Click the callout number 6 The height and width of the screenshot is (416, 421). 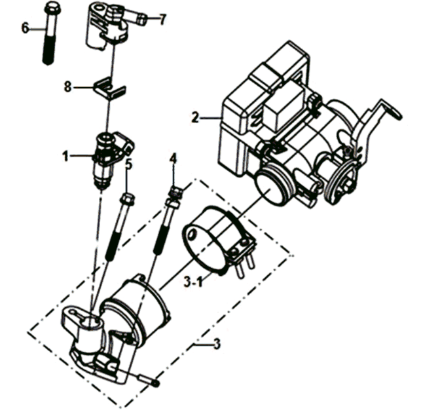(x=25, y=28)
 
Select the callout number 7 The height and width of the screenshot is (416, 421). (x=162, y=20)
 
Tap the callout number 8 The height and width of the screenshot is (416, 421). (x=67, y=86)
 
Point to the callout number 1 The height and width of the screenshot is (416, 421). (x=65, y=156)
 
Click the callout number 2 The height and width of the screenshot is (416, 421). (x=195, y=118)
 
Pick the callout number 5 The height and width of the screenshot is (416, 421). (x=129, y=164)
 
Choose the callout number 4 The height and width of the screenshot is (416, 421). (x=173, y=159)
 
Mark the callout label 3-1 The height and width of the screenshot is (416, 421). (x=193, y=282)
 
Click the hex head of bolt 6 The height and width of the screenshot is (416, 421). (x=52, y=8)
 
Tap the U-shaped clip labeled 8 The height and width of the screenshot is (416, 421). (x=109, y=88)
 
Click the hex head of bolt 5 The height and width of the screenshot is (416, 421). (x=127, y=199)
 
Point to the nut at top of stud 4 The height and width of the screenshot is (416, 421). (x=176, y=193)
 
